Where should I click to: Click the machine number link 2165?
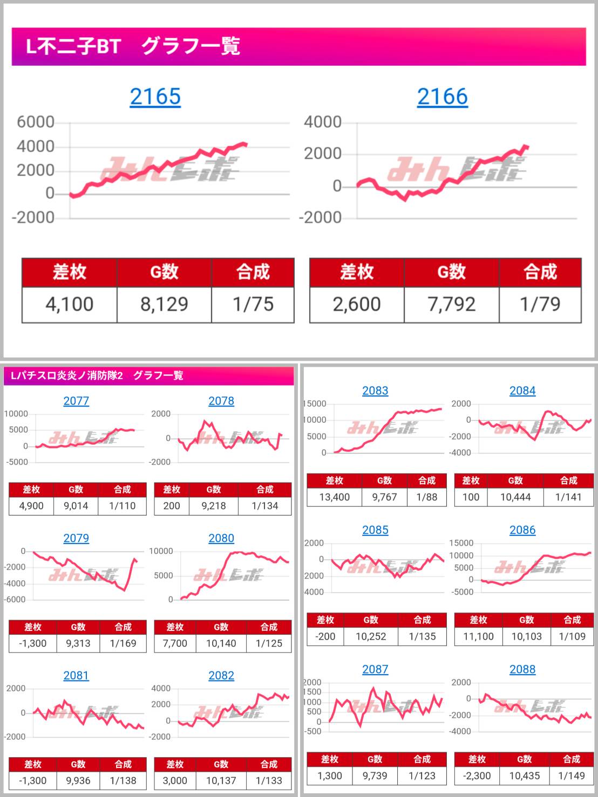155,97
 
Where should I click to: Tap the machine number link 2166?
442,97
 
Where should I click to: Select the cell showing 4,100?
69,304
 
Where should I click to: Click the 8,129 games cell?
164,304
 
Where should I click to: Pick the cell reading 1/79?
540,304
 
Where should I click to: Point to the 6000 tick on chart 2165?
36,122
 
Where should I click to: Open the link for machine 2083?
375,390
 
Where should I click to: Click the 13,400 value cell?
334,497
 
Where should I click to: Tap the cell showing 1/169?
123,643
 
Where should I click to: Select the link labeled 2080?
221,538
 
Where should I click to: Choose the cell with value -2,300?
477,775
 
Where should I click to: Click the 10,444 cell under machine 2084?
515,497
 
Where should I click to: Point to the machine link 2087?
375,669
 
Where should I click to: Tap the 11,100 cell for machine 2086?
478,636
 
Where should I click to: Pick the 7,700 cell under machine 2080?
175,643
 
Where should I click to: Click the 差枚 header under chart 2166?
356,272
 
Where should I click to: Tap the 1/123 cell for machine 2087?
422,775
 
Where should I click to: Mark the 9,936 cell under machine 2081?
78,780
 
